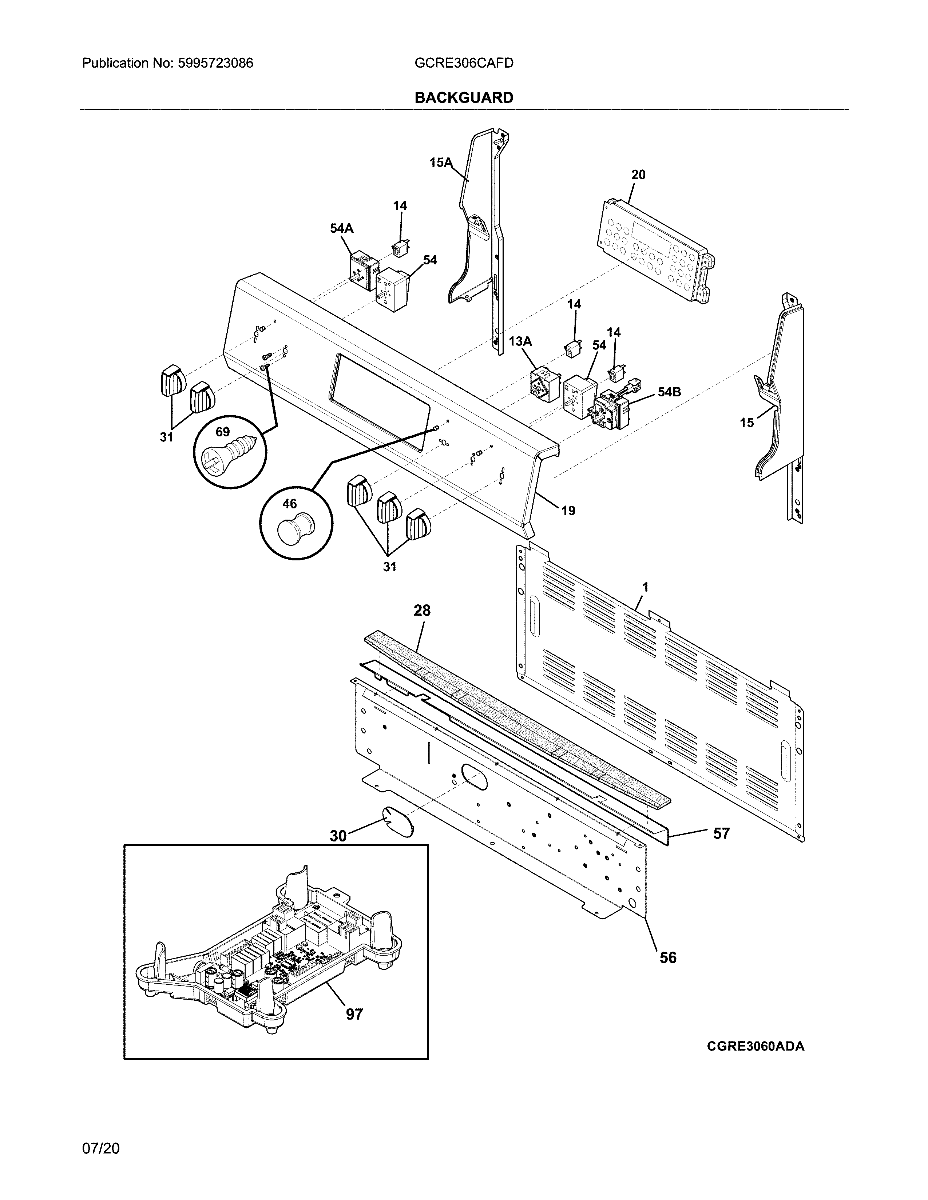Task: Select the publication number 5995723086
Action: pyautogui.click(x=215, y=63)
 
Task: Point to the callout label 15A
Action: pyautogui.click(x=440, y=162)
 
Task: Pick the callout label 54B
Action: pyautogui.click(x=669, y=392)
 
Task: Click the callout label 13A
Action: pyautogui.click(x=520, y=341)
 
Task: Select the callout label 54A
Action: pyautogui.click(x=341, y=228)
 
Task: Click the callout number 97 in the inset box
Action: pyautogui.click(x=354, y=1014)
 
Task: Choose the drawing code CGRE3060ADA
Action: pyautogui.click(x=756, y=1061)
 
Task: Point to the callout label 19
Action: pyautogui.click(x=568, y=511)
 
